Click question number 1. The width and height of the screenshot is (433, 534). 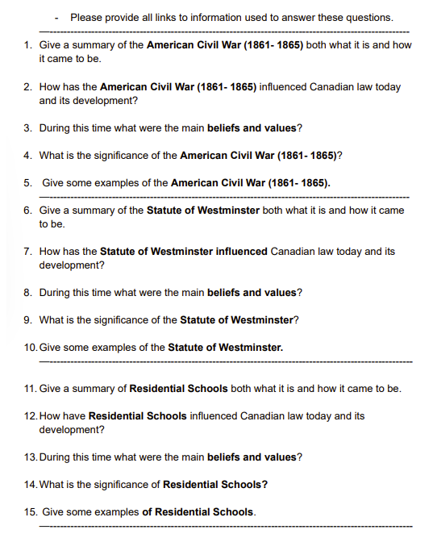(28, 45)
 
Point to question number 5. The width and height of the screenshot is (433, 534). (28, 183)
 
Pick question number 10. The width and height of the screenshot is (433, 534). (31, 348)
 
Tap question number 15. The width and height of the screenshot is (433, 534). (31, 512)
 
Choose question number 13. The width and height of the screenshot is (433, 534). (31, 457)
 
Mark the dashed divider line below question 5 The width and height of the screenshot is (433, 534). (226, 197)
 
